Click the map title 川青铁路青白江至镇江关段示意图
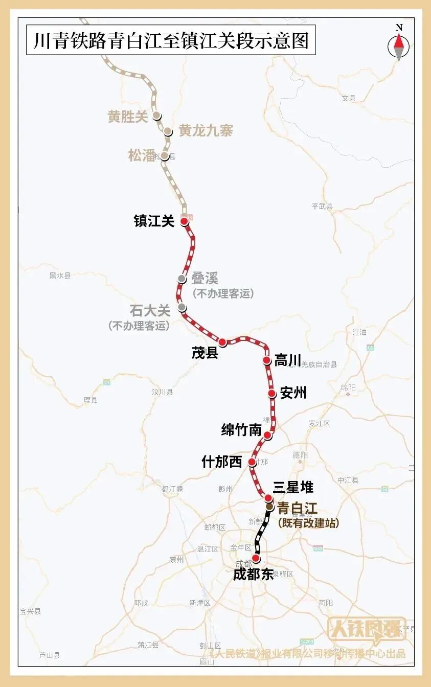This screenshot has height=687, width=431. click(171, 40)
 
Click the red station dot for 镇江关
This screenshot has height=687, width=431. click(184, 221)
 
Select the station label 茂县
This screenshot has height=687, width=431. click(205, 353)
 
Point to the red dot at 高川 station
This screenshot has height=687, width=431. click(266, 360)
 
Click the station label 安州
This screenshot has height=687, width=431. click(293, 393)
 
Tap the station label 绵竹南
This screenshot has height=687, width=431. click(241, 430)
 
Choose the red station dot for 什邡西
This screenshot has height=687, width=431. click(252, 462)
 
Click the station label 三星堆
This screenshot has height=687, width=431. click(293, 487)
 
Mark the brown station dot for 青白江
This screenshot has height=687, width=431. click(269, 507)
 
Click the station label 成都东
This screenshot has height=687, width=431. click(254, 574)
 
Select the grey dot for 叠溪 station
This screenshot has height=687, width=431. click(182, 279)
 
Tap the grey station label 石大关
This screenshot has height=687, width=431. click(150, 310)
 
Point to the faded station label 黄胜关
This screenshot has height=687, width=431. click(128, 117)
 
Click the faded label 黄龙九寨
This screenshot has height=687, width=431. click(206, 131)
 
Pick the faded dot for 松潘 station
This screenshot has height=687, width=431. click(165, 156)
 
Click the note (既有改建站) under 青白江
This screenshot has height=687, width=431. click(308, 523)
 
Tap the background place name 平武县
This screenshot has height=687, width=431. click(322, 207)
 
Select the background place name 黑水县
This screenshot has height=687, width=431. click(60, 276)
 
